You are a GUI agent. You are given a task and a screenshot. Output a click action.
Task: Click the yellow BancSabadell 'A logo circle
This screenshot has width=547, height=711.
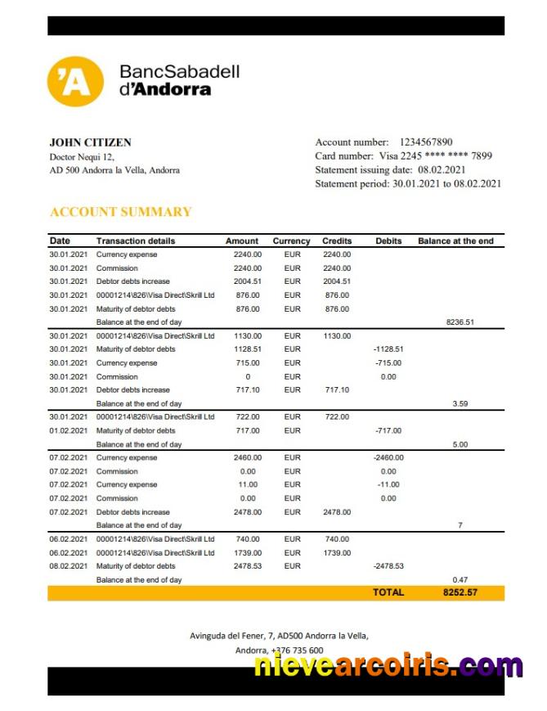(x=75, y=82)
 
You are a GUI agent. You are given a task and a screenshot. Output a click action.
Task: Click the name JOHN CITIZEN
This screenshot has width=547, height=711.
(x=90, y=142)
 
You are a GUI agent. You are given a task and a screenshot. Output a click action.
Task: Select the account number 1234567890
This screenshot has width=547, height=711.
(x=426, y=142)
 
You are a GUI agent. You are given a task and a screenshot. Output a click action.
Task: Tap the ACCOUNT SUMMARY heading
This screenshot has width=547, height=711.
(x=121, y=212)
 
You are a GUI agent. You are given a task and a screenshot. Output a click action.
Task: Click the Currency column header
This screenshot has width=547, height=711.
(x=291, y=241)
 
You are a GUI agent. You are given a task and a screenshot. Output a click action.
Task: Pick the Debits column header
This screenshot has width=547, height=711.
(x=388, y=241)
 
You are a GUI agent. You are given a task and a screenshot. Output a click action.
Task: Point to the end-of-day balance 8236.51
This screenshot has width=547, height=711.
(x=460, y=322)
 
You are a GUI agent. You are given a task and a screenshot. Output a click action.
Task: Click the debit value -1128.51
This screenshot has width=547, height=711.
(x=388, y=349)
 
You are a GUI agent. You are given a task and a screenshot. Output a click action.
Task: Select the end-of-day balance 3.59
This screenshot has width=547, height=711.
(x=460, y=403)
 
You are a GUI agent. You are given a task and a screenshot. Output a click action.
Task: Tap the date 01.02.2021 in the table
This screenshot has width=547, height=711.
(x=68, y=430)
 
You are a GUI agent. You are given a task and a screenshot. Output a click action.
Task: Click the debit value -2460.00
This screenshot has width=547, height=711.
(x=388, y=458)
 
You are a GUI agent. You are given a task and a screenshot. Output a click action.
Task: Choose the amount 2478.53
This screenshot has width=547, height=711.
(x=248, y=566)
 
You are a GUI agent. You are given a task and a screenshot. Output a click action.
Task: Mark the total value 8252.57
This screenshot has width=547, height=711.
(x=460, y=592)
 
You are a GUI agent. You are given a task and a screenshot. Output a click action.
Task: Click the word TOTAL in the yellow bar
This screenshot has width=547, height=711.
(x=388, y=592)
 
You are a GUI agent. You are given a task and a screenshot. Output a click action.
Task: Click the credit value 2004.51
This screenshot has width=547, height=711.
(x=336, y=281)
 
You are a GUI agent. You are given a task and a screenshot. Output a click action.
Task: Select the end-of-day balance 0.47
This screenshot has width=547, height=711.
(x=460, y=579)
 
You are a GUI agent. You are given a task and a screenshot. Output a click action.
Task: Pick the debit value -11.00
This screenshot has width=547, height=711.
(x=388, y=485)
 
